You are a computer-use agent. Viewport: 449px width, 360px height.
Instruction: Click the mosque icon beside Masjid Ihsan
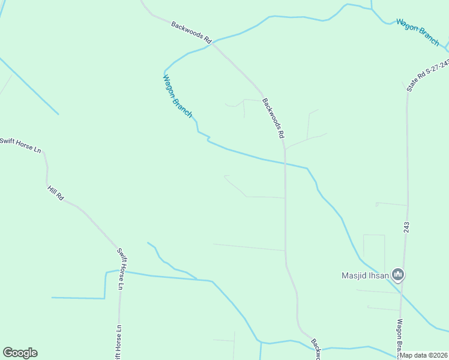[x=397, y=275]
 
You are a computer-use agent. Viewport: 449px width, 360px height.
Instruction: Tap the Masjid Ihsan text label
[x=366, y=276]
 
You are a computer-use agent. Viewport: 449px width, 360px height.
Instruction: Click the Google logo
[x=20, y=353]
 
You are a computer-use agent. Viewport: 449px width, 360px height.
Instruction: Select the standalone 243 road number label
[x=406, y=227]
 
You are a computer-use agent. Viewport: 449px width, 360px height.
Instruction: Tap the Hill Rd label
[x=56, y=193]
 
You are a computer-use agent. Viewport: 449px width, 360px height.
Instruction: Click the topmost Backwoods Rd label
[x=191, y=32]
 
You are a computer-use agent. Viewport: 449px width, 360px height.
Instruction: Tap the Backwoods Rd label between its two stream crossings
[x=273, y=119]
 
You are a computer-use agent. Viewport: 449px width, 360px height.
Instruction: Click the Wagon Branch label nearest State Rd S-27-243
[x=417, y=32]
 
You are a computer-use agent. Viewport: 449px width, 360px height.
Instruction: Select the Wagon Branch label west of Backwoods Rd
[x=178, y=96]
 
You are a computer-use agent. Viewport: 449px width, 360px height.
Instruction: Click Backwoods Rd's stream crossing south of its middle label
[x=285, y=163]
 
